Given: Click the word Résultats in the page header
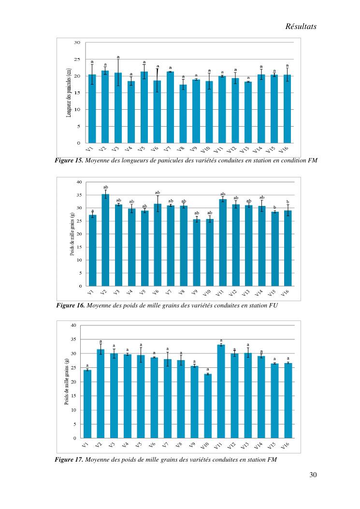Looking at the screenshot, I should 301,27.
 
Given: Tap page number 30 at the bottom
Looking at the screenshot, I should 313,475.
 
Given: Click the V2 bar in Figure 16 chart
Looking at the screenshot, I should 105,240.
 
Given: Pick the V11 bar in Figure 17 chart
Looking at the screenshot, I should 221,391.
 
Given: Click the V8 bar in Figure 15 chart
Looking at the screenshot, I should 183,114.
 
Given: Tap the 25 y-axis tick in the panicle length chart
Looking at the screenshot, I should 77,59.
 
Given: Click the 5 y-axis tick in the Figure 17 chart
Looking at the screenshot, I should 75,424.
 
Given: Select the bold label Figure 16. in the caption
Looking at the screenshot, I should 71,305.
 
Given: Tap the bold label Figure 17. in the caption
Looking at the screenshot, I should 70,459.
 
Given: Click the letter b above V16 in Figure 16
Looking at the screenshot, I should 288,202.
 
